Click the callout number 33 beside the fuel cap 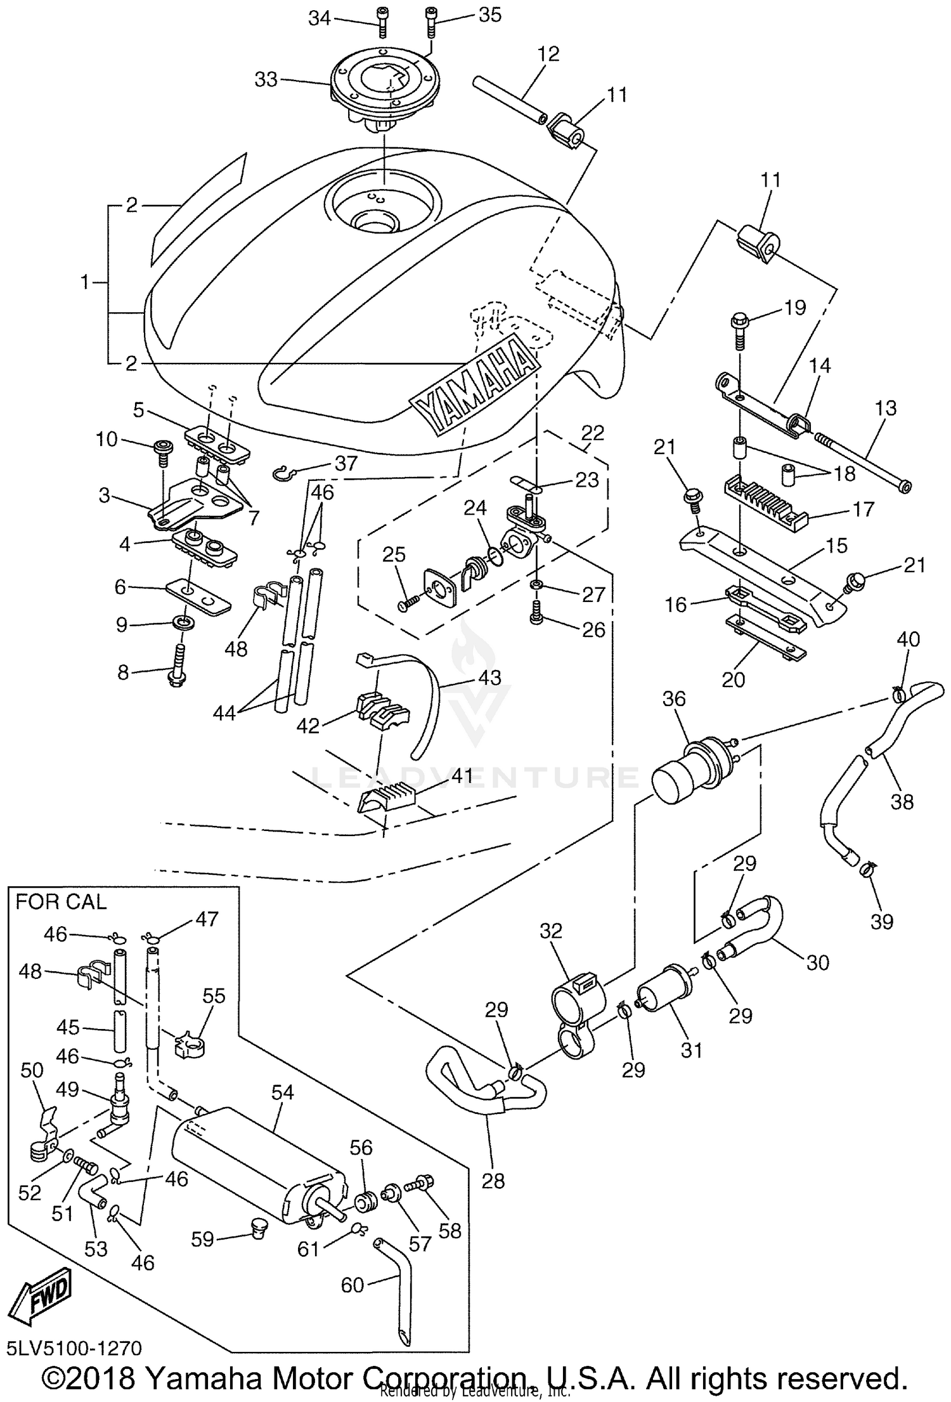266,79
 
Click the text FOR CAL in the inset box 61,901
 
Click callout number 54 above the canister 283,1092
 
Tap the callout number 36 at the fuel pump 674,698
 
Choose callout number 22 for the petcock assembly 593,433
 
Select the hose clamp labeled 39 866,874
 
